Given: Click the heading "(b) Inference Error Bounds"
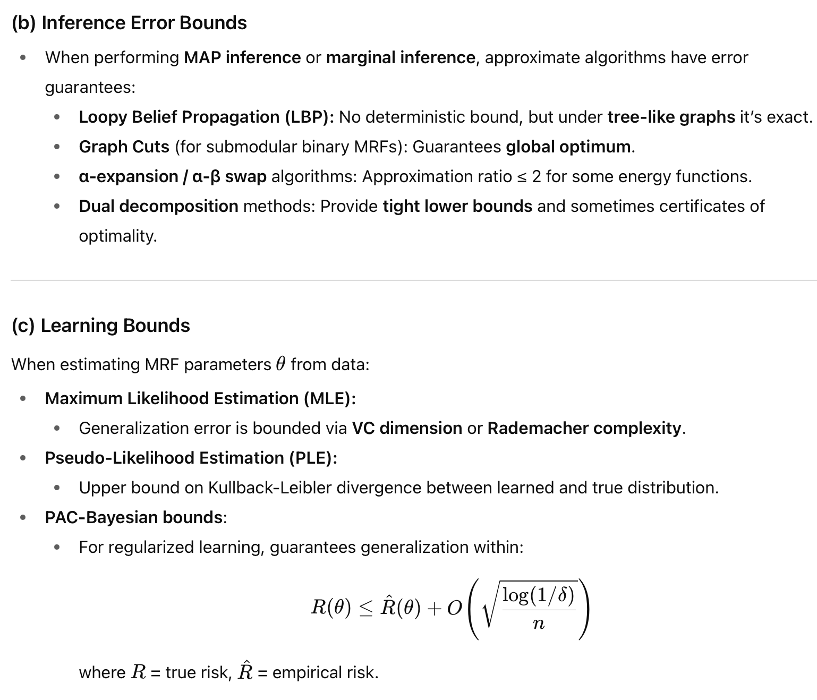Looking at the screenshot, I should coord(129,23).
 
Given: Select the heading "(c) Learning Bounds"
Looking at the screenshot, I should coord(100,326).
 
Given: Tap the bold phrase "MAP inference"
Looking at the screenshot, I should coord(242,57).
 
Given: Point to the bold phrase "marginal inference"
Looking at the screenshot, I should coord(401,57).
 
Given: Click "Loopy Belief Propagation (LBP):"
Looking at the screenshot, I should coord(207,117).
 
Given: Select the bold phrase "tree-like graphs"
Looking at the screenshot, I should coord(671,117).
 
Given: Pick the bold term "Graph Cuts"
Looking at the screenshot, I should coord(124,147).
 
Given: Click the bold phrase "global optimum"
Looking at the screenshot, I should coord(568,147).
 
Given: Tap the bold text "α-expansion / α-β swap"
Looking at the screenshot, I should coord(173,176).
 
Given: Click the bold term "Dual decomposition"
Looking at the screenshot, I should coord(158,206).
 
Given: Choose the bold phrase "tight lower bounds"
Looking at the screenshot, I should coord(457,206).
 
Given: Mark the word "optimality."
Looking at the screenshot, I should coord(118,236).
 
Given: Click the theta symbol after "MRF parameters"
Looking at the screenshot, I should coord(281,364).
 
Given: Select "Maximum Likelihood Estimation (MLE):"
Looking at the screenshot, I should coord(200,398).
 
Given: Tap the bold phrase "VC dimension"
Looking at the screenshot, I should coord(407,428).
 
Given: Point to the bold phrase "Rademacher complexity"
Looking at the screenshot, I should coord(584,428).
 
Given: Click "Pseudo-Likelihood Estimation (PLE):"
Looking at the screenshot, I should coord(191,458).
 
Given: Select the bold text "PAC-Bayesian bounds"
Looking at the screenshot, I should coord(133,517).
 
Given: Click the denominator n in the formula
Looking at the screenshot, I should coord(538,624).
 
